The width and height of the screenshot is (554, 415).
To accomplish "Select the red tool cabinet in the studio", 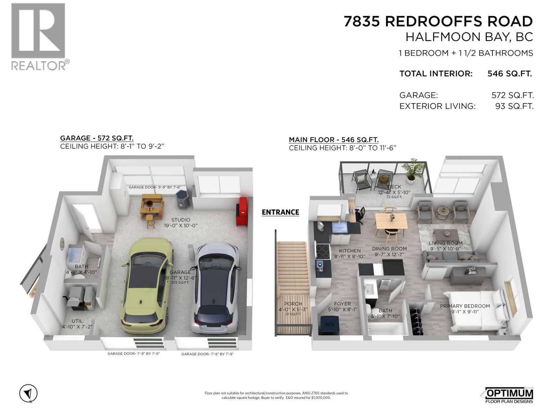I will [242, 211].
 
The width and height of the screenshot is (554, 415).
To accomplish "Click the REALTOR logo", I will [39, 36].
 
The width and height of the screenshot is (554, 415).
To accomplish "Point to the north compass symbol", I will [28, 394].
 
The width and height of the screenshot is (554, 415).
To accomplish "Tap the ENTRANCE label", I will [280, 212].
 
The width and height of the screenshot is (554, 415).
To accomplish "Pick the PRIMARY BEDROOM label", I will [465, 306].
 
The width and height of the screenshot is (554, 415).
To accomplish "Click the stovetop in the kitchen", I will [323, 251].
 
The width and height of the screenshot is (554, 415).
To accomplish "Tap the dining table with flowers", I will [391, 221].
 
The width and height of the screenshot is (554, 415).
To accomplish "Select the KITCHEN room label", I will [350, 251].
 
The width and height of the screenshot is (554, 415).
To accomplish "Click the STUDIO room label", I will [181, 220].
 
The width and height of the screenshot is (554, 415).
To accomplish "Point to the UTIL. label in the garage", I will [78, 321].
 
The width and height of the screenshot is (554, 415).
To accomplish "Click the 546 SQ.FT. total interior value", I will [509, 74].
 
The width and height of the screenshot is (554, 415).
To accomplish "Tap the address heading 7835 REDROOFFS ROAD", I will [438, 21].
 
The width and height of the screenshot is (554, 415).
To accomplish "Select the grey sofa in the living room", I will [450, 258].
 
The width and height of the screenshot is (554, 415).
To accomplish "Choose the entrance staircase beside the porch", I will [293, 266].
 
